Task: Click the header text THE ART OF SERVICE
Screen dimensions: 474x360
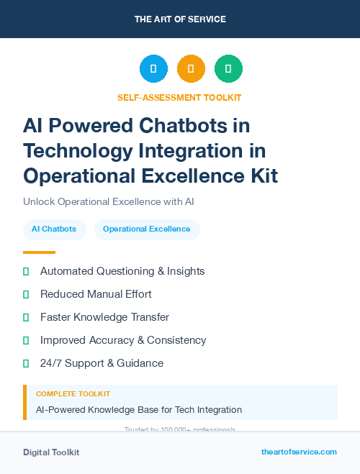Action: coord(180,19)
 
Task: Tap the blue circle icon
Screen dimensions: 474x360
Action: coord(153,69)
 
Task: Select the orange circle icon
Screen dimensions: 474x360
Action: coord(191,69)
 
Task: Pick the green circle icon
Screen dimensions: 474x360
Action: coord(228,69)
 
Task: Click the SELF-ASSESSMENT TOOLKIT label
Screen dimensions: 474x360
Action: coord(179,97)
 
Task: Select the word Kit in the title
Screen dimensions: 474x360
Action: coord(260,176)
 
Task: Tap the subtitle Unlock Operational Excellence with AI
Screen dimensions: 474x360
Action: coord(109,201)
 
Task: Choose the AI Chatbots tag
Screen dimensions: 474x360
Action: coord(54,229)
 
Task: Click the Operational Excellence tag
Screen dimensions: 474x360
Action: coord(147,229)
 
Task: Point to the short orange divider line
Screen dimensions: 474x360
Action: coord(39,252)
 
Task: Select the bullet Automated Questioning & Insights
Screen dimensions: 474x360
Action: coord(122,271)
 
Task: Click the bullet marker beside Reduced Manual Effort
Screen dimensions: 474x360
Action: coord(26,294)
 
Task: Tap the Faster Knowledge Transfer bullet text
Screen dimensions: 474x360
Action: coord(104,317)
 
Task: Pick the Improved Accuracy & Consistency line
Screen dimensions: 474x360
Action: coord(123,340)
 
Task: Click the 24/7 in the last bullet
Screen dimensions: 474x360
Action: coord(52,363)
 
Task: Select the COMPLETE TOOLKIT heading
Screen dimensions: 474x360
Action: coord(73,394)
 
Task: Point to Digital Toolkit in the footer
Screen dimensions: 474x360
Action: coord(51,452)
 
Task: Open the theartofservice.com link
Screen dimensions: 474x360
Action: coord(299,452)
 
